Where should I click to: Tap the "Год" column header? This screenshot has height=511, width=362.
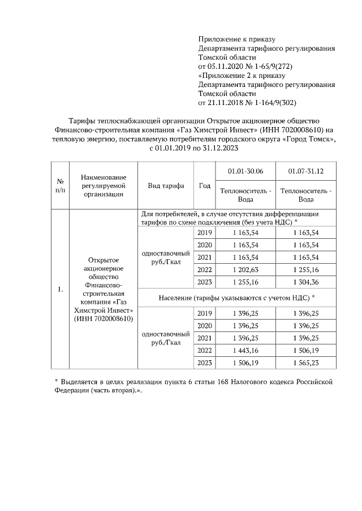205,186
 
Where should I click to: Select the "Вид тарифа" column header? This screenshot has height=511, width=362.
166,186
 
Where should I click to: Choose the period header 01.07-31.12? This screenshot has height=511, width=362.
306,171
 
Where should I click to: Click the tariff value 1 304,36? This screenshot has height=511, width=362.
306,282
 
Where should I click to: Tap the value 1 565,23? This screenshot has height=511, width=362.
306,362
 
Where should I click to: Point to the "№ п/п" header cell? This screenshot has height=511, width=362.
59,186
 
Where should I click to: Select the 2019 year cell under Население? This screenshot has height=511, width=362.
205,313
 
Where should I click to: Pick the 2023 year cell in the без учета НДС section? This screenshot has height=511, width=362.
205,282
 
